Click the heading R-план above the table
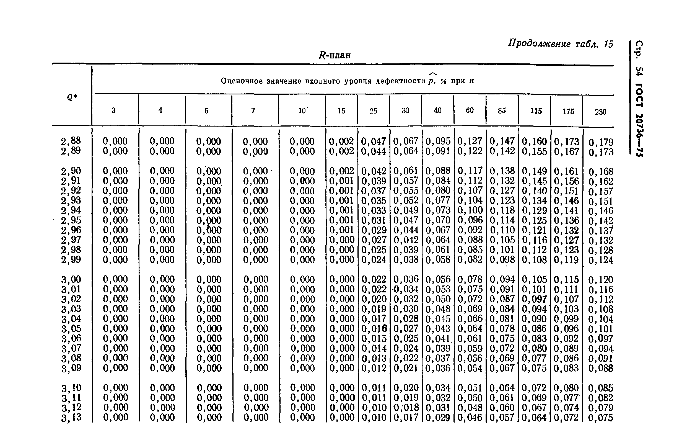[x=335, y=55]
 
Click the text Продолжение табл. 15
[x=561, y=44]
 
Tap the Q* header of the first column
[x=72, y=97]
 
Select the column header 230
[x=600, y=112]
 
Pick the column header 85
[x=502, y=111]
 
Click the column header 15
[x=341, y=111]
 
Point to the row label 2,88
[x=71, y=141]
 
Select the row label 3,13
[x=71, y=417]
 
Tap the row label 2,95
[x=71, y=220]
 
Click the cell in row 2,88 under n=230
[x=601, y=142]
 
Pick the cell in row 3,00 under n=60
[x=470, y=279]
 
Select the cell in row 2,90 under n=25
[x=374, y=171]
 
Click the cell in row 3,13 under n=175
[x=566, y=418]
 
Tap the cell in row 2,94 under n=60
[x=470, y=210]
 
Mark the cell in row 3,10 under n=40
[x=438, y=388]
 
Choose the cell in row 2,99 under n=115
[x=534, y=259]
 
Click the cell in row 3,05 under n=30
[x=406, y=328]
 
